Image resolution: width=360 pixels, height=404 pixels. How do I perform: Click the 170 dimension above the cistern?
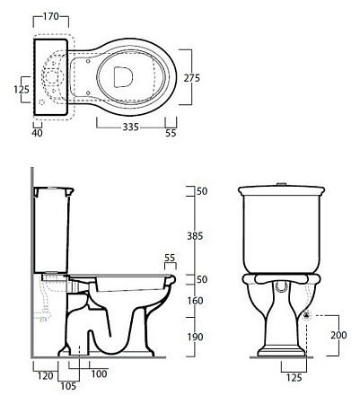[50, 16]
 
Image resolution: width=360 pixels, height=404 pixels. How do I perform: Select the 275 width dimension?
[191, 78]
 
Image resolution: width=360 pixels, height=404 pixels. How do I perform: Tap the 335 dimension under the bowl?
[131, 127]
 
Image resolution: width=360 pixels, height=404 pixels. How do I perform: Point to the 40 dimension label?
[37, 133]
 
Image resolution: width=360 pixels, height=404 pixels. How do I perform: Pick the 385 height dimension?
[195, 236]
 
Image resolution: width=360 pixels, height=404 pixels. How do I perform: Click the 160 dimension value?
[195, 301]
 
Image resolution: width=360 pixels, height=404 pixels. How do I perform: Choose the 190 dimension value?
[195, 337]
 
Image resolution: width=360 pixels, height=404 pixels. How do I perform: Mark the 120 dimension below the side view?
[45, 376]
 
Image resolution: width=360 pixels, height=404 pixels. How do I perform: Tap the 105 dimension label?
[68, 386]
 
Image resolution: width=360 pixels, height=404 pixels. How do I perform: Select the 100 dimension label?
[99, 373]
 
